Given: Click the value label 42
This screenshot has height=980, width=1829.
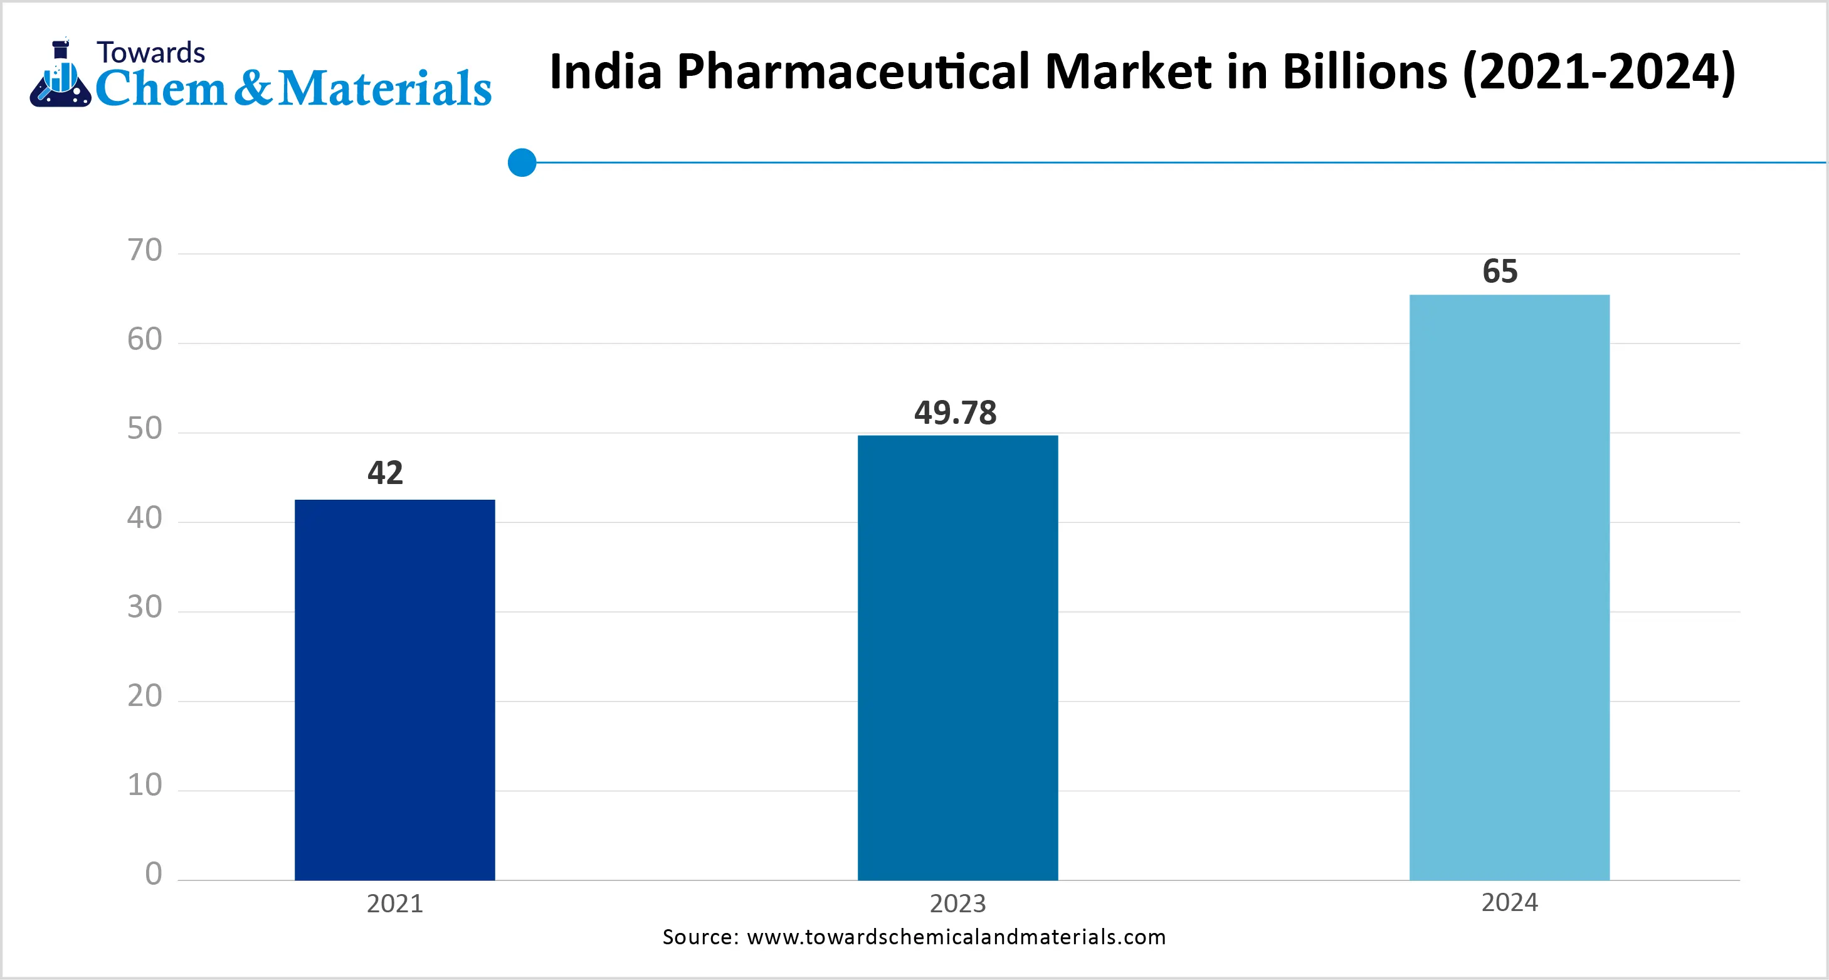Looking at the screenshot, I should point(385,473).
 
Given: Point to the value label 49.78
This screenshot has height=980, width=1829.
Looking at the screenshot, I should point(955,413).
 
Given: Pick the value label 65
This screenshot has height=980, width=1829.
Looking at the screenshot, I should point(1500,271).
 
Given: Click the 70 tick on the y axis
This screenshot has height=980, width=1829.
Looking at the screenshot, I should point(145,251).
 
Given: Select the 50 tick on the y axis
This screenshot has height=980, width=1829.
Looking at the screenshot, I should point(145,429).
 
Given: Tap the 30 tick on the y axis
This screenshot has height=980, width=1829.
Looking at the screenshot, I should point(145,607).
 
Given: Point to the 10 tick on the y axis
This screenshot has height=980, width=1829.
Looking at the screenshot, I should point(145,786).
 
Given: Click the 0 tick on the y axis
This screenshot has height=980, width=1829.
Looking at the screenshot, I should point(154,874).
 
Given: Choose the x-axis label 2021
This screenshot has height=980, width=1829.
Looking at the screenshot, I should point(395,904).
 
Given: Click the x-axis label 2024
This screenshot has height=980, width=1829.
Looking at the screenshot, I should point(1509,903).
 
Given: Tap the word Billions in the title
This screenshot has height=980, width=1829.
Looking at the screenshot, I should point(1364,73).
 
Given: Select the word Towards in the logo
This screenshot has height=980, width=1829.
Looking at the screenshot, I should point(150,53).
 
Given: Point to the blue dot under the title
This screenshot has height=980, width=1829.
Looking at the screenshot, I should point(522,162).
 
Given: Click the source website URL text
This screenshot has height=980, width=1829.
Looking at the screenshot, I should point(956,937).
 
